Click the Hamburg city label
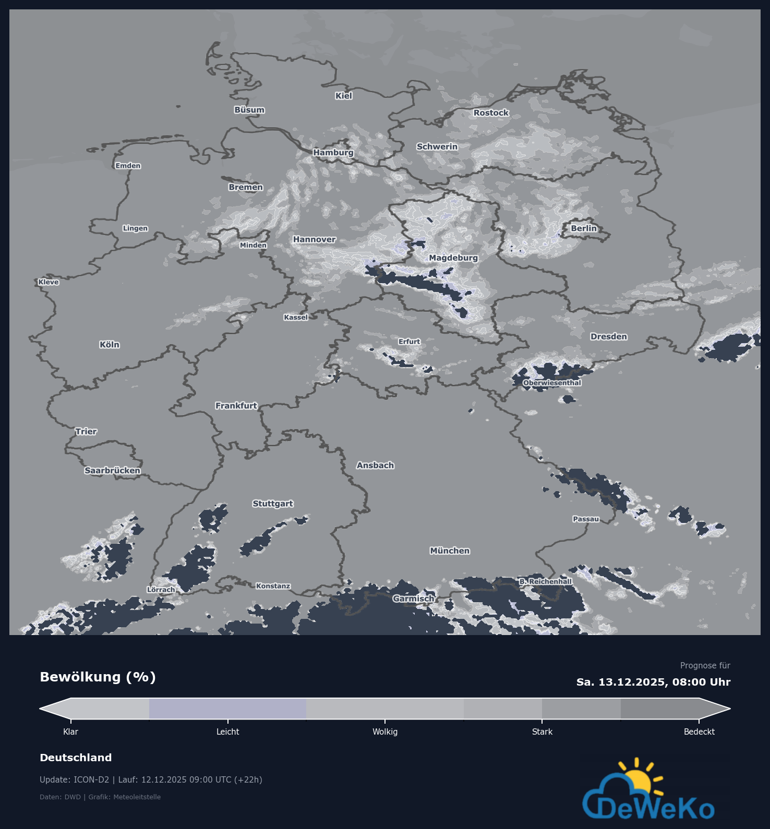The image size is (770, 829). coord(333,152)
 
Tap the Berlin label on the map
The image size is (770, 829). coord(583,228)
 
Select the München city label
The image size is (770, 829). coord(450,551)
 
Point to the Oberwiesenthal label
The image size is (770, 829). coord(552,383)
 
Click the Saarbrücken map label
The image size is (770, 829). coord(112,470)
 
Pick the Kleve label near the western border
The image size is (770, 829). coord(49,282)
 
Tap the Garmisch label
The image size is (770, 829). coord(414,599)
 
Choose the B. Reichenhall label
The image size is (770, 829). coord(546,581)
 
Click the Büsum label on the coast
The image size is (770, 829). coord(249,110)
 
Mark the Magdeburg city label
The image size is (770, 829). coord(453,258)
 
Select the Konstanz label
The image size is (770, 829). coord(273,586)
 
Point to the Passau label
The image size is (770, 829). coord(586,519)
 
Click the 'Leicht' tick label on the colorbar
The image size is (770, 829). coord(228,732)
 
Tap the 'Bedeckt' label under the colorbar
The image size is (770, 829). coord(699,732)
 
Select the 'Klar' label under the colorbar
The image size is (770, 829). coord(70,732)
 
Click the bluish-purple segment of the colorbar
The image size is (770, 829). coord(227,709)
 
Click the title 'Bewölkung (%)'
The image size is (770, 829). coord(98,677)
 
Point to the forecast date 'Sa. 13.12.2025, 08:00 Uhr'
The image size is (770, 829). coord(653,682)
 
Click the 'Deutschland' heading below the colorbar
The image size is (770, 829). coord(76,758)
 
